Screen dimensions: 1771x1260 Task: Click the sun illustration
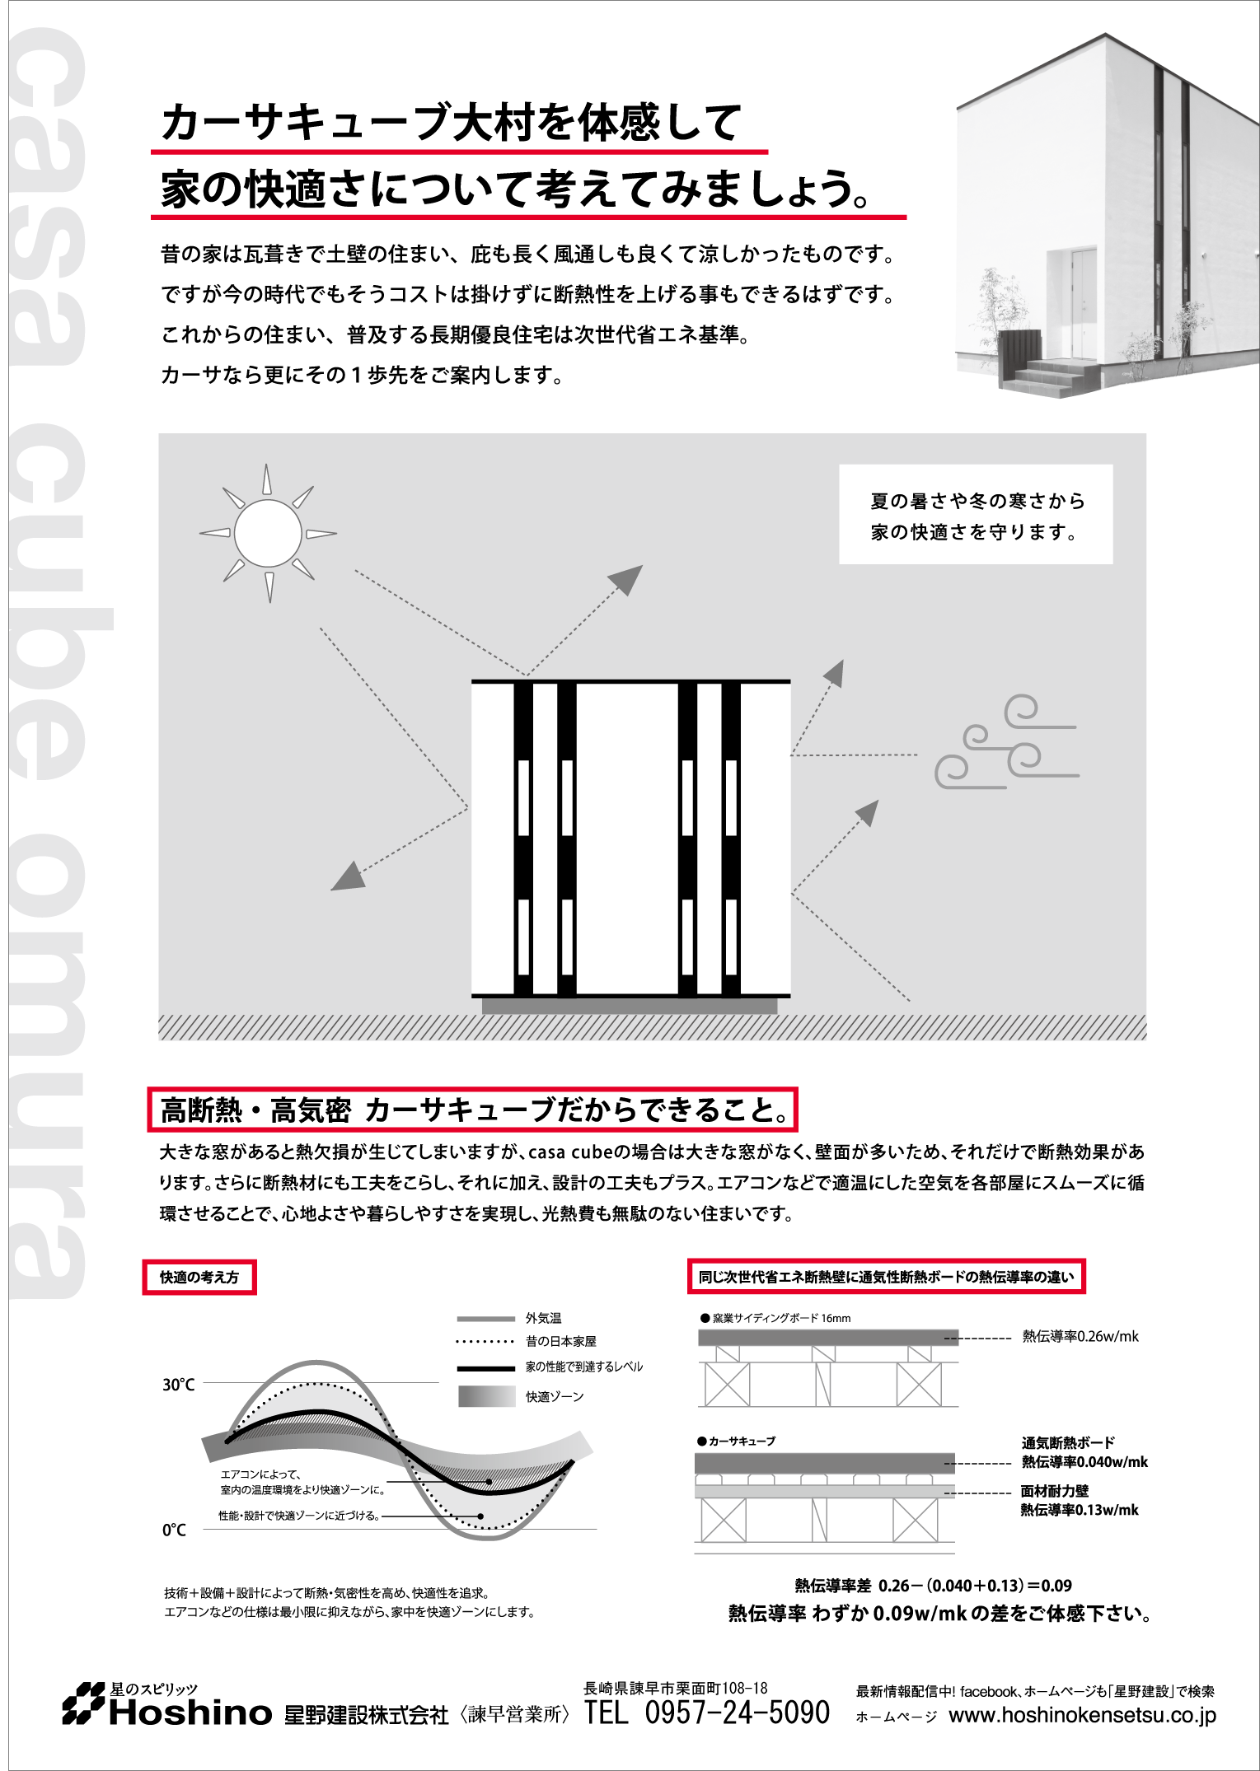(x=268, y=533)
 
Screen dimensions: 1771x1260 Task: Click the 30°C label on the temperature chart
(x=178, y=1385)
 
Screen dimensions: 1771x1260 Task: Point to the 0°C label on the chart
(x=174, y=1530)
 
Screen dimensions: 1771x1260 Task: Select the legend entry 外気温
(x=543, y=1318)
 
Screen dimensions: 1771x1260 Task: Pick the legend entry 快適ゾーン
(x=555, y=1396)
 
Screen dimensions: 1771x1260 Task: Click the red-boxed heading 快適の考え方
(x=199, y=1277)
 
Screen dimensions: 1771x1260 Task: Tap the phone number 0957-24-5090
(x=737, y=1713)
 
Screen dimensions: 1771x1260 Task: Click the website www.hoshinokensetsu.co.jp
(x=1082, y=1716)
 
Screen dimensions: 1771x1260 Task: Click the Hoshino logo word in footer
(x=190, y=1713)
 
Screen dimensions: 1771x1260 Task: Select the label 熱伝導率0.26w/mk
(x=1080, y=1336)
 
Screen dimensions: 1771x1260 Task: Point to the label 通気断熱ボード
(x=1068, y=1442)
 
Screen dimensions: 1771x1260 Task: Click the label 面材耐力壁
(x=1054, y=1491)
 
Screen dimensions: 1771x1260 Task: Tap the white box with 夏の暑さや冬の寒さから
(x=976, y=515)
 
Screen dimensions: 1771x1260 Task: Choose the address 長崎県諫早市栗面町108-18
(x=675, y=1688)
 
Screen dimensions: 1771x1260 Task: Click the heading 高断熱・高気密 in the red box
(x=256, y=1110)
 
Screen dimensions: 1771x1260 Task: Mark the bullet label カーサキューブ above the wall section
(x=742, y=1441)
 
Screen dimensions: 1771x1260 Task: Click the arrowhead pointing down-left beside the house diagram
(x=347, y=876)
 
